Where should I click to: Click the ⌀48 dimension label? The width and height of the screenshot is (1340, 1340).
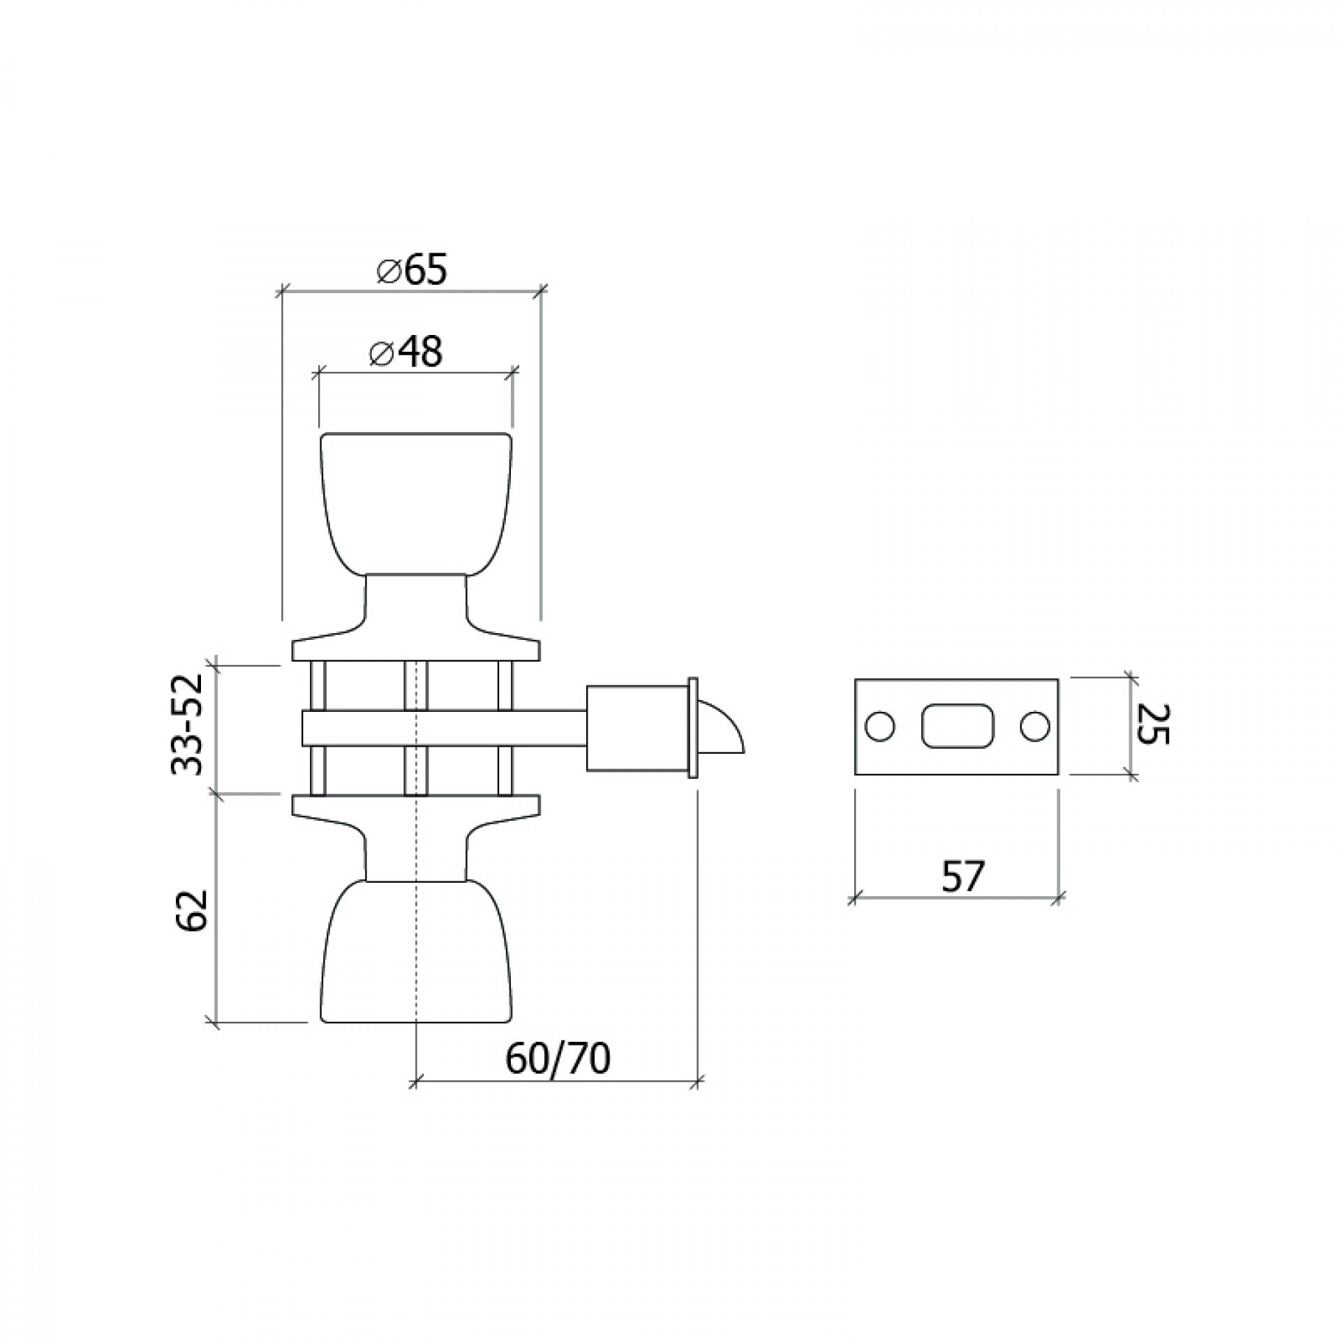click(406, 353)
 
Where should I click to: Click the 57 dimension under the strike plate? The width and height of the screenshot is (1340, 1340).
click(962, 877)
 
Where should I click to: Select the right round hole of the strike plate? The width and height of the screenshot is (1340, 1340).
click(1035, 727)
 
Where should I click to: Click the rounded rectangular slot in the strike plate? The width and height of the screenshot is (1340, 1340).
click(956, 727)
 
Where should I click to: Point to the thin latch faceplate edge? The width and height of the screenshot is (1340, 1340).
click(692, 728)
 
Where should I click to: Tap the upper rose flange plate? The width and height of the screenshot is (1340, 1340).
click(416, 650)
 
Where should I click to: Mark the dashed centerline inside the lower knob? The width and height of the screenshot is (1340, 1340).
click(416, 991)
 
